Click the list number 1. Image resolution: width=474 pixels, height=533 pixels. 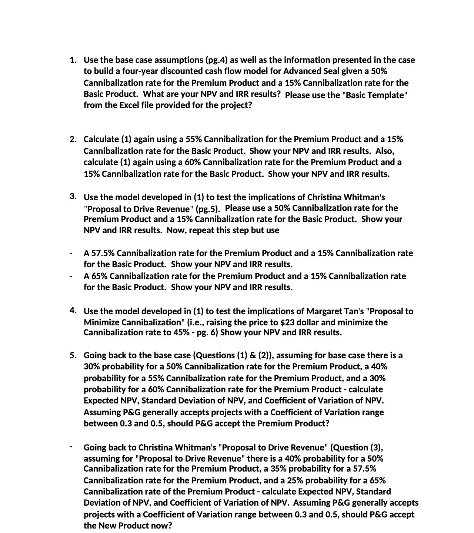(x=73, y=60)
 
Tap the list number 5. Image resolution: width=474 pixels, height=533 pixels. (x=73, y=356)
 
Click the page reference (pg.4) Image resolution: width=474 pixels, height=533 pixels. (x=217, y=60)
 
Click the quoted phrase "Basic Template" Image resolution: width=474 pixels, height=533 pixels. (x=375, y=95)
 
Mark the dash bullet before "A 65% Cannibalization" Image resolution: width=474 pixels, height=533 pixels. (x=71, y=276)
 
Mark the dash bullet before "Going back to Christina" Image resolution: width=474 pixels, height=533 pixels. (x=71, y=446)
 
